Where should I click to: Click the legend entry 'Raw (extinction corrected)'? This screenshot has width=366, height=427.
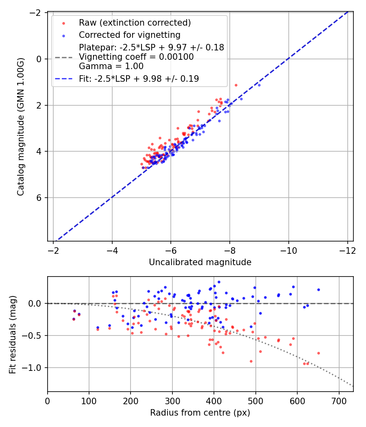coord(135,22)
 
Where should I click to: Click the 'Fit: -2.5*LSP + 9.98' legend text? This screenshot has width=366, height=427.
coord(139,79)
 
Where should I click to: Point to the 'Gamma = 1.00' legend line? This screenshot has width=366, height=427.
coord(111,66)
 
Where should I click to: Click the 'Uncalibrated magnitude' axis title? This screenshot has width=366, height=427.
coord(200,262)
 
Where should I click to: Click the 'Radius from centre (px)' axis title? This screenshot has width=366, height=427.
coord(200,413)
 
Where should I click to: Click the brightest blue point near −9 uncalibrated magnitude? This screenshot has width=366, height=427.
coord(259,85)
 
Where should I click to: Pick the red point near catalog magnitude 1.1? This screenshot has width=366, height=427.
coord(236,85)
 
